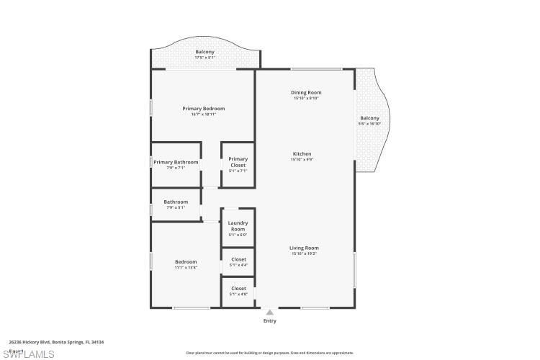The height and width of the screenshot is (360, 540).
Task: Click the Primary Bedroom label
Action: click(203, 109)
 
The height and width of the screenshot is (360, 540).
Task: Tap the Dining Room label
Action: click(305, 93)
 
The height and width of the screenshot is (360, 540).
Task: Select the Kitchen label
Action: click(302, 154)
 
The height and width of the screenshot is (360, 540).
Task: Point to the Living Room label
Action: click(304, 248)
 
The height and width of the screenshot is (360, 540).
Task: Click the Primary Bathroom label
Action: click(176, 162)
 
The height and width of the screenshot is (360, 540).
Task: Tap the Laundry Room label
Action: click(238, 226)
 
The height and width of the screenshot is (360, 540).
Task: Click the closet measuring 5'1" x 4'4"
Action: click(238, 265)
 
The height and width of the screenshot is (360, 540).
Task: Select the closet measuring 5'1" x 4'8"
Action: click(238, 294)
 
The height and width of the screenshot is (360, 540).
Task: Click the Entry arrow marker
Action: click(269, 312)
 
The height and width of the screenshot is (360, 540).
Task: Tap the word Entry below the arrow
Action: click(269, 321)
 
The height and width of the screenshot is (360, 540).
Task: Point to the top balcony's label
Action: click(204, 52)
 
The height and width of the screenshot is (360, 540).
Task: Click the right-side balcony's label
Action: click(369, 118)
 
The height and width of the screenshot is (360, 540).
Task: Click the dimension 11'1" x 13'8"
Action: click(186, 267)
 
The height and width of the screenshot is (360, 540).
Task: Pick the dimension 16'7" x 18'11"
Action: click(203, 114)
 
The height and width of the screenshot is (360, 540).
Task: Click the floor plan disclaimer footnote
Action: click(270, 353)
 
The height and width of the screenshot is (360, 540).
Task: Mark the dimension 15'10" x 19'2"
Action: click(304, 253)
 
